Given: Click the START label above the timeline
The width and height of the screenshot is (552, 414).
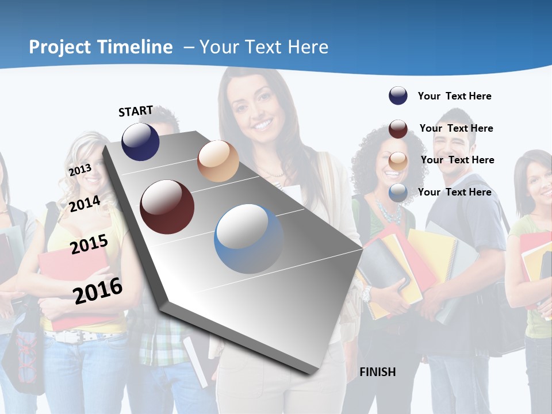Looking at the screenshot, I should (x=136, y=111).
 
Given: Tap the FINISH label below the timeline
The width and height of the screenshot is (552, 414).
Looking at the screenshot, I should (x=377, y=372).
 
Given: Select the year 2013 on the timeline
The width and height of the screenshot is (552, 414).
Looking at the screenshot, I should (x=80, y=170).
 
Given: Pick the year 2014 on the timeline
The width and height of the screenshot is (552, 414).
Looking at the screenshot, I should (x=85, y=204).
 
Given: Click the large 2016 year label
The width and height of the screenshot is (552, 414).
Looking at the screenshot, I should (x=98, y=290).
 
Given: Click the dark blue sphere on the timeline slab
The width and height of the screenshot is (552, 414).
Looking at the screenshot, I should (x=140, y=141).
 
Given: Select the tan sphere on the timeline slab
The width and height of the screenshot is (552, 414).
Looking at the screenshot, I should (x=218, y=161).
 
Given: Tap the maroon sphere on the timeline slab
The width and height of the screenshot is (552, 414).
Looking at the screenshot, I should (x=167, y=207).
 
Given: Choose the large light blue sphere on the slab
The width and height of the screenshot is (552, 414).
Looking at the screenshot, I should (x=248, y=239).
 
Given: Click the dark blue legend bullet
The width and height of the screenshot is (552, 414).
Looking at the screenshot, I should (x=398, y=96).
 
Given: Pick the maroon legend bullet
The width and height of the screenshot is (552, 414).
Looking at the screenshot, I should (x=398, y=129).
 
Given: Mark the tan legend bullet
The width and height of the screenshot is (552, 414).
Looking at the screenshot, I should (x=398, y=161).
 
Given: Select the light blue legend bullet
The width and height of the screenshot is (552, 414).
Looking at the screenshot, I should (x=398, y=193).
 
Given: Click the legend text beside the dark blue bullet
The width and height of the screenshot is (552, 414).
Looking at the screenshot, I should (x=454, y=96).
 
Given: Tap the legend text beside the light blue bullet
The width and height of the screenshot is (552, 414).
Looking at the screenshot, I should (x=454, y=192).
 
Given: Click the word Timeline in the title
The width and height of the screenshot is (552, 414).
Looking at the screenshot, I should (x=135, y=47).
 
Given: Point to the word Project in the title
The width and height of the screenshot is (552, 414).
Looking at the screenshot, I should (x=60, y=47).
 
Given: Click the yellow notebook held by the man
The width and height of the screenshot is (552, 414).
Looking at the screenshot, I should (x=431, y=253).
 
